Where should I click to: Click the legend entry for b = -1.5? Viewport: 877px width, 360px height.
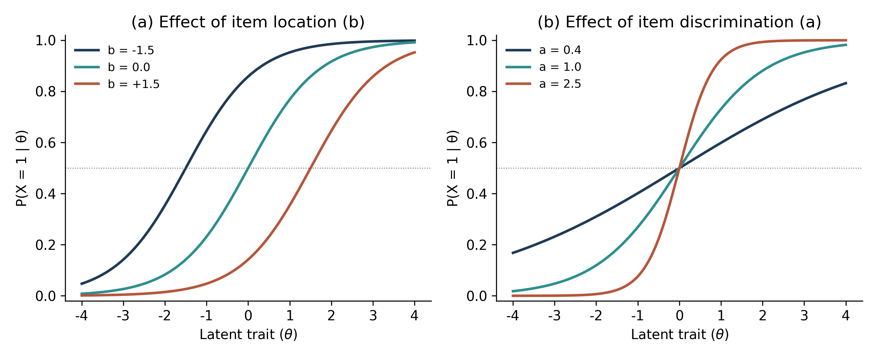pos(114,50)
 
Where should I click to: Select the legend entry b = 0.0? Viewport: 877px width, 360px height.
pos(112,67)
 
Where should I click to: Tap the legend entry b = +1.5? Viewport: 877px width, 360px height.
pos(117,84)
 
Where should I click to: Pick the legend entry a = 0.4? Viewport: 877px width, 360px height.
pos(543,50)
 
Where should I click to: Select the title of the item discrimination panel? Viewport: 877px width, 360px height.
pos(679,22)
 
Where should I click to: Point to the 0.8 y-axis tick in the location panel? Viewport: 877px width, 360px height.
pos(46,91)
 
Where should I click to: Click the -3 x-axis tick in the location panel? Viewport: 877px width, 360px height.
pos(123,316)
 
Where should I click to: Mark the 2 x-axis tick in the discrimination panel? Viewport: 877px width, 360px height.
pos(763,316)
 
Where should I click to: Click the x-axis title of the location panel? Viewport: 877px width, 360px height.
pos(249,334)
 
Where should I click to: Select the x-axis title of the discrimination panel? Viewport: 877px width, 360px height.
pos(680,334)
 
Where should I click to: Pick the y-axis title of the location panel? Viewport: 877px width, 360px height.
pos(22,168)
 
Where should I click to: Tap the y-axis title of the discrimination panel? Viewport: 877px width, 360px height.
pos(453,168)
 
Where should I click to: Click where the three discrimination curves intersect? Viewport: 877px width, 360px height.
pos(679,168)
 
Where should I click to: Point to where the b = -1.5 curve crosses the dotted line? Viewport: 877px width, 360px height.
pos(186,168)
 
